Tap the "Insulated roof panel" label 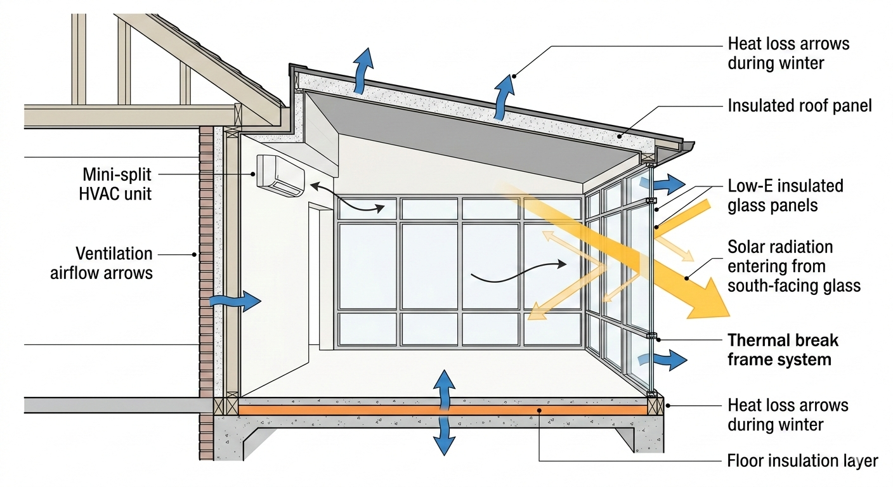pos(799,105)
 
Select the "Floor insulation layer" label pos(802,461)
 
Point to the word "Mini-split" pos(117,174)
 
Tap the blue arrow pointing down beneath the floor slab pos(444,437)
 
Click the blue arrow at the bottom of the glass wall pos(670,360)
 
